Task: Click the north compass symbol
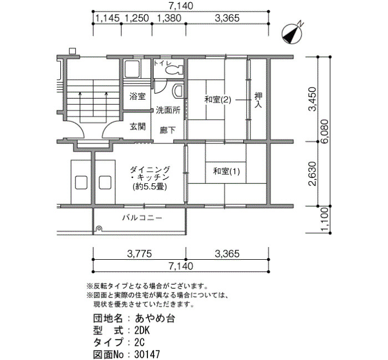coord(292,34)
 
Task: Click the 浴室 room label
coord(137,96)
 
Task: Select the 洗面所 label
coord(168,110)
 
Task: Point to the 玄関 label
coord(137,126)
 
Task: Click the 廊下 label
coord(167,130)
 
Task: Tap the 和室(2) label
coord(218,100)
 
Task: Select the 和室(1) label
coord(226,171)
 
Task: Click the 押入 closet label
coord(258,100)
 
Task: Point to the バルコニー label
coord(142,218)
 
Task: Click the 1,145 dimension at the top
coord(108,18)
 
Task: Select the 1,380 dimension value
coord(169,18)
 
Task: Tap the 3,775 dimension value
coord(139,254)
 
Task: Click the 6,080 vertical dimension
coord(324,132)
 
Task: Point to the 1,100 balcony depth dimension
coord(324,219)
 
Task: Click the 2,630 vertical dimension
coord(312,173)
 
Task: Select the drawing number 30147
coord(147,354)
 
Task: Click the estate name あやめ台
coord(155,318)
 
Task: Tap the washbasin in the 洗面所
coord(178,90)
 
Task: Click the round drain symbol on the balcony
coord(99,228)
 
